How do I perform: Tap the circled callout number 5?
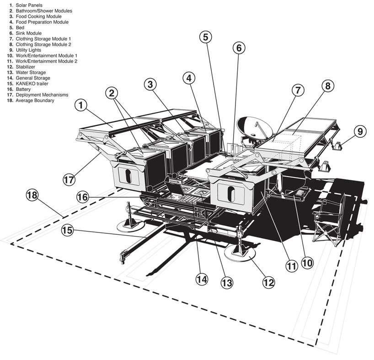pos(206,37)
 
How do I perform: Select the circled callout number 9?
pos(359,132)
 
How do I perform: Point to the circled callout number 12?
pos(268,282)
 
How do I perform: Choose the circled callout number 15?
pos(68,230)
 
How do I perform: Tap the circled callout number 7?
pos(297,90)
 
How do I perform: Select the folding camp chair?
pos(328,220)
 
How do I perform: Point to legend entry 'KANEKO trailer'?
pos(32,84)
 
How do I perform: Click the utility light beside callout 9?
pos(339,146)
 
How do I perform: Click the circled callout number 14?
pos(202,279)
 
